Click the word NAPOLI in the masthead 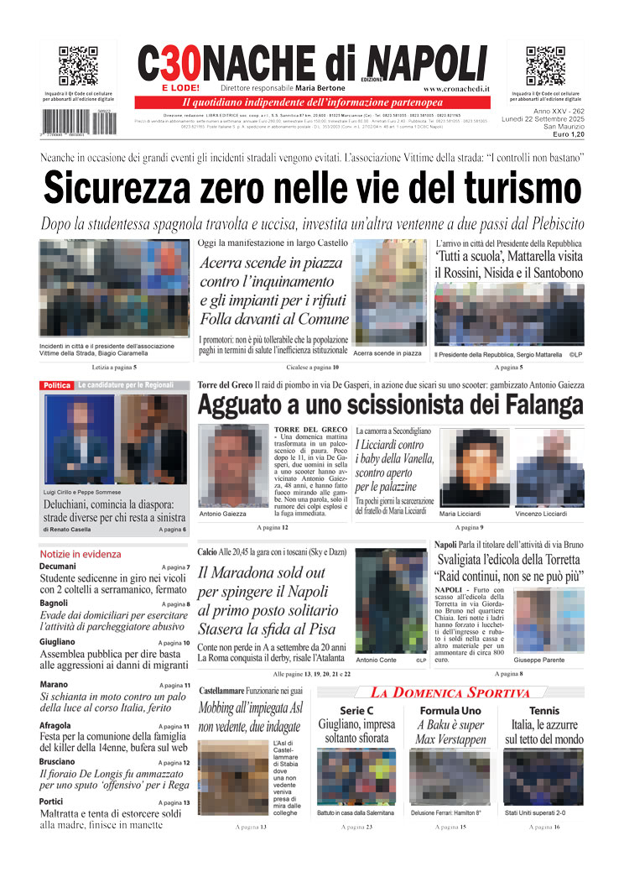[427, 63]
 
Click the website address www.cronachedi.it [456, 88]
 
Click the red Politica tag [56, 385]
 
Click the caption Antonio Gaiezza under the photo [223, 514]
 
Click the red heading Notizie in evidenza [80, 554]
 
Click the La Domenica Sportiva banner [450, 693]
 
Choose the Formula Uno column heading [450, 711]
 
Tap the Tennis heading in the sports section [543, 711]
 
